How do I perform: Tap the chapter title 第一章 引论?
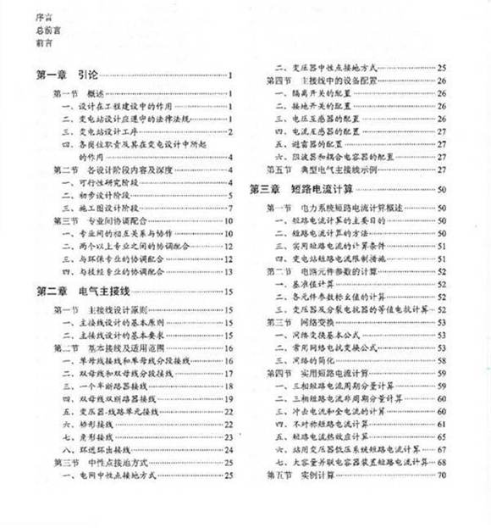pos(67,75)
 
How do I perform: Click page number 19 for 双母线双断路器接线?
pos(229,397)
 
